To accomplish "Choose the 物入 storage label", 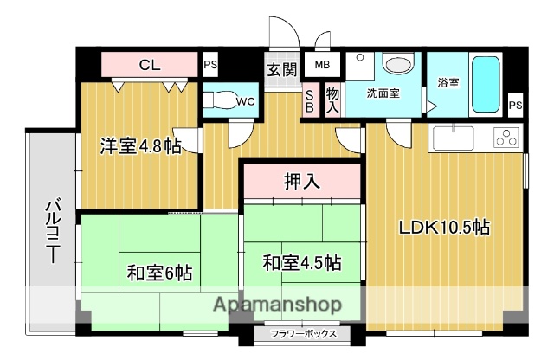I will point(332,98).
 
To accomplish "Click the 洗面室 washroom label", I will point(382,93).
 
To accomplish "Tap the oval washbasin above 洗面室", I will point(398,65).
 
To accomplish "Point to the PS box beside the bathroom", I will point(516,105).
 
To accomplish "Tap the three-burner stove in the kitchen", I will point(506,138).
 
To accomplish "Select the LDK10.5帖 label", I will point(445,228).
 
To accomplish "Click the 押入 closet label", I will point(303,182).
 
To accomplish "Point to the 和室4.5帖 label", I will point(301,261).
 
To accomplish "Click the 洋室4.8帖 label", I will point(138,146).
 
